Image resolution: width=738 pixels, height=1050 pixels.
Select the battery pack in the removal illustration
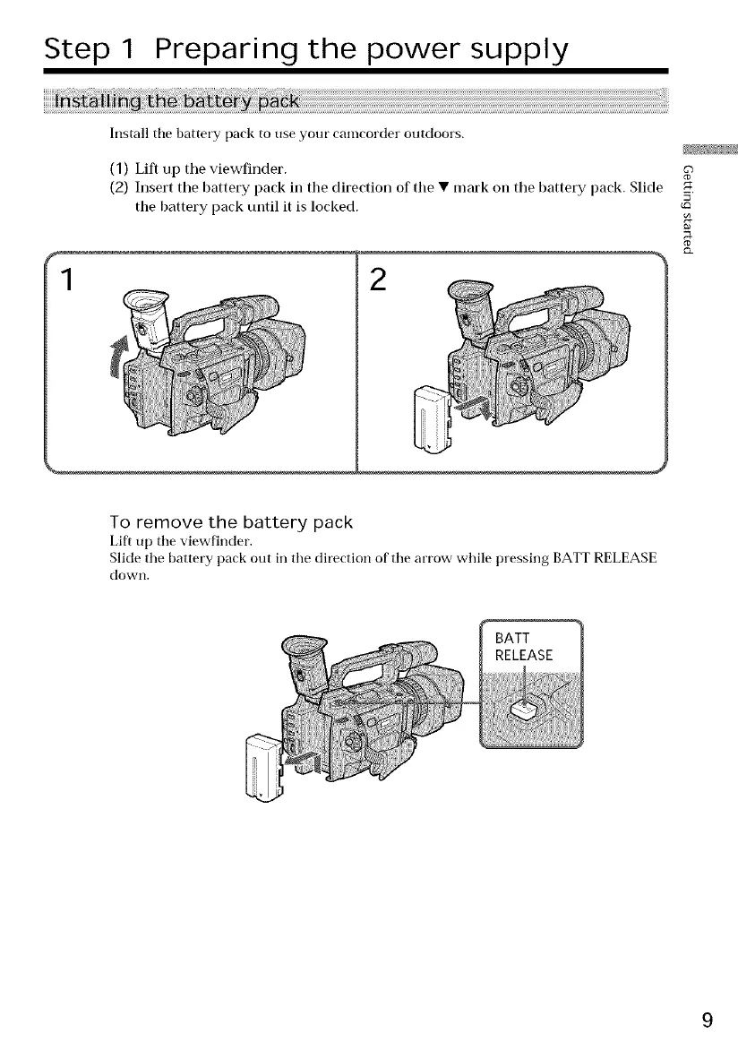point(266,764)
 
